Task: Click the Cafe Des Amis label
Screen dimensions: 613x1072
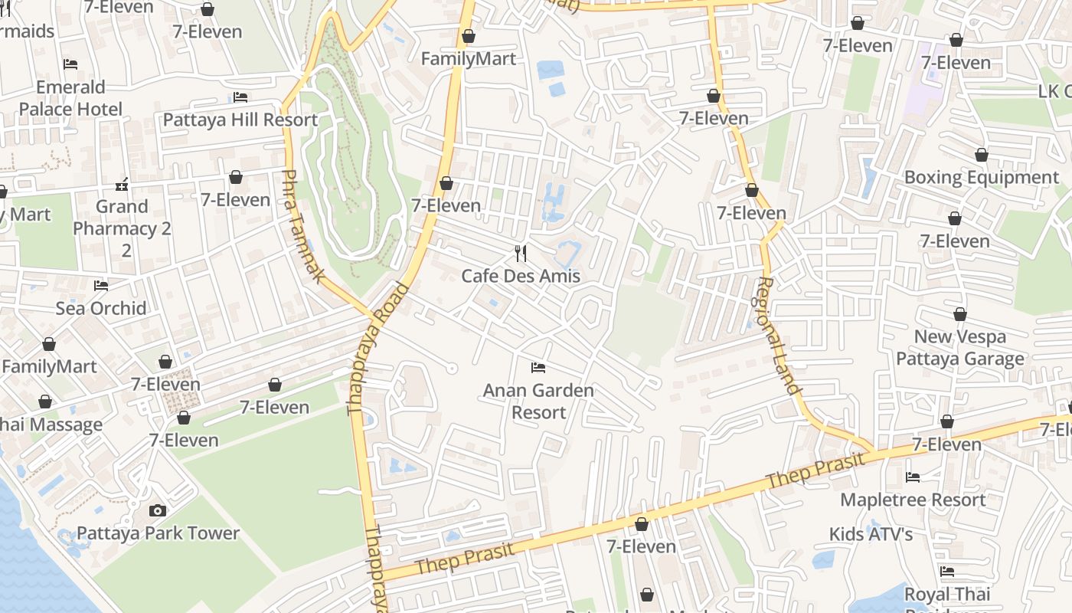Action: tap(521, 276)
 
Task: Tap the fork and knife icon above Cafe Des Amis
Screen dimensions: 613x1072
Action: tap(521, 254)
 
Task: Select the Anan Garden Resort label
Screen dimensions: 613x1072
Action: tap(538, 401)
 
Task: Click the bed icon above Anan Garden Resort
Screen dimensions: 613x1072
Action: tap(538, 368)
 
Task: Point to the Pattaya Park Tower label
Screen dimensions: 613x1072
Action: tap(158, 533)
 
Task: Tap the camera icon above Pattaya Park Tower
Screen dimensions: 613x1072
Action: tap(157, 510)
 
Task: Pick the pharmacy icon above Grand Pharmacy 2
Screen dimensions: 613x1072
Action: tap(122, 185)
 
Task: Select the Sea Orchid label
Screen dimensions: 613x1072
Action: tap(101, 308)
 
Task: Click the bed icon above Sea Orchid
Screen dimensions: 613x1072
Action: tap(101, 286)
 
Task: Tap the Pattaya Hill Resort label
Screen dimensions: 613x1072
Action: tap(240, 120)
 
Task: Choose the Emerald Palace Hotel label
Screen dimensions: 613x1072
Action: tap(70, 98)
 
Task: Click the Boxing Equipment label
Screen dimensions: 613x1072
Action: tap(981, 177)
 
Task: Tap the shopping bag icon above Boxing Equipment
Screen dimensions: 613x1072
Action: tap(981, 155)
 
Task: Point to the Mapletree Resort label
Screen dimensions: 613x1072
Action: tap(913, 500)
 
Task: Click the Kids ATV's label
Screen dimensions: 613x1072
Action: tap(871, 533)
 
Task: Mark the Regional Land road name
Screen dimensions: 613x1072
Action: tap(776, 336)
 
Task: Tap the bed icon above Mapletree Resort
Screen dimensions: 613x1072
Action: tap(913, 477)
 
